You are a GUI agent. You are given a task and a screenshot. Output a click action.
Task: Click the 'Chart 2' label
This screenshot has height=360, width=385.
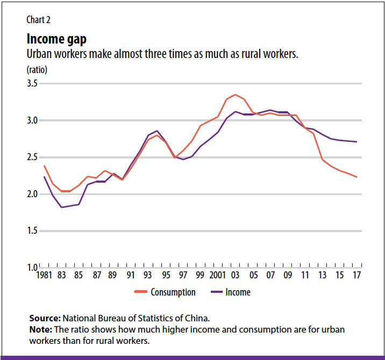click(x=39, y=20)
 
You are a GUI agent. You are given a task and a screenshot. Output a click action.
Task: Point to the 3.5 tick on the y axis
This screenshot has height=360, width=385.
click(x=32, y=84)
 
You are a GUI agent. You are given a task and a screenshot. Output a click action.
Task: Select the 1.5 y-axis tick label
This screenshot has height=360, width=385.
click(x=32, y=231)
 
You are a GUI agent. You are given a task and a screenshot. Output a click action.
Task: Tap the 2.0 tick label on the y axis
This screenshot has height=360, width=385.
click(x=32, y=194)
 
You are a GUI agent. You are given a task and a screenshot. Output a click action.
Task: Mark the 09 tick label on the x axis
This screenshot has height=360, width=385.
click(x=287, y=275)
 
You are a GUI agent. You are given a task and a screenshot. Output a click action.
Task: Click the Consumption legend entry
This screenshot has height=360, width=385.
click(x=172, y=292)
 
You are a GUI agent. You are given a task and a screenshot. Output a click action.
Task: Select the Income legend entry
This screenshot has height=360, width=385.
click(x=238, y=292)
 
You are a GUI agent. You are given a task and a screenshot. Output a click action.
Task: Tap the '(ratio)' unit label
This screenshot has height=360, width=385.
click(x=37, y=70)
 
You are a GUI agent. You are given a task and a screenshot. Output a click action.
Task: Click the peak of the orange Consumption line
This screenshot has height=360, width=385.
click(x=235, y=95)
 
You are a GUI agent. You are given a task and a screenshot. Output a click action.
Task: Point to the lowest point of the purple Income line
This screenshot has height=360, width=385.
click(x=61, y=207)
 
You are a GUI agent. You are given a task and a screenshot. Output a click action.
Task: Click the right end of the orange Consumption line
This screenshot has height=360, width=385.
click(x=357, y=177)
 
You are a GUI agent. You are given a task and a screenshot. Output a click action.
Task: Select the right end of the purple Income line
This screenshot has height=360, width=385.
click(x=357, y=142)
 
